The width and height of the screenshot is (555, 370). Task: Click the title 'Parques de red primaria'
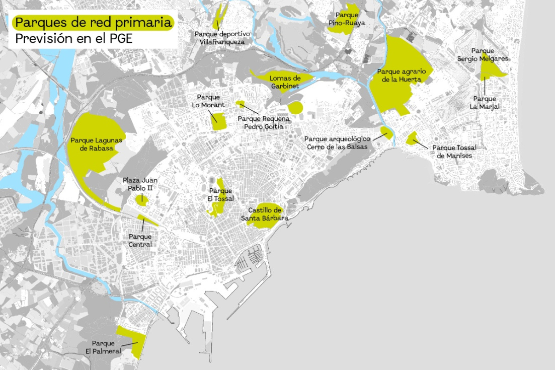point(93,23)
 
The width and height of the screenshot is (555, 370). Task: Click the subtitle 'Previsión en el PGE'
point(73,39)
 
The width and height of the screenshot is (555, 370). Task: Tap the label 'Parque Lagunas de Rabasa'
point(97,144)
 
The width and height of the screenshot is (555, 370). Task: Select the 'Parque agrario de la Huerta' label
point(404,75)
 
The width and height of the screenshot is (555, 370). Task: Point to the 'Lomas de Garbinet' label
point(285,82)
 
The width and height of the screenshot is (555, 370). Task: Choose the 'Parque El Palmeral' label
point(103,347)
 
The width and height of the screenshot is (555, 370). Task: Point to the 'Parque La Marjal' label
point(484,103)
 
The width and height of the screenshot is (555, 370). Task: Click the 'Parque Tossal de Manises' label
point(454,152)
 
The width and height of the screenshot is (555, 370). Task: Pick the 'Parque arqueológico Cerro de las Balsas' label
point(337,142)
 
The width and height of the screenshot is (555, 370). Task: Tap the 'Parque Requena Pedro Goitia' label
point(264,123)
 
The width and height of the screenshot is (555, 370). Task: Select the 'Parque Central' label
point(140,240)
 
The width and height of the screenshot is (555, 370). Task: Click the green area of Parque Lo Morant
point(219,121)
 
